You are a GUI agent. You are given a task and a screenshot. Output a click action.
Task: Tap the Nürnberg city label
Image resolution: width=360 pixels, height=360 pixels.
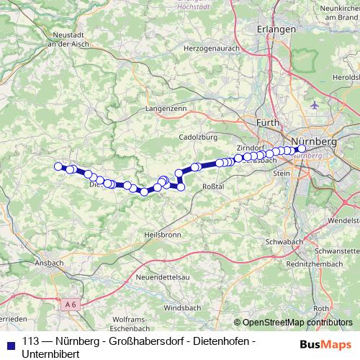(x=315, y=141)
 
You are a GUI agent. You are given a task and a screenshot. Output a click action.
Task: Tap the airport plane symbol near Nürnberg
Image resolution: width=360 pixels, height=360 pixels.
(x=314, y=106)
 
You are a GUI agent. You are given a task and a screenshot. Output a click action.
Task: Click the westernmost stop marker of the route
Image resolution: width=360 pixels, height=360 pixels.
(x=58, y=166)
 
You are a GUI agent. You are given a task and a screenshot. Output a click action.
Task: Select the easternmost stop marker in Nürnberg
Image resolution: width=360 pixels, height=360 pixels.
(x=302, y=149)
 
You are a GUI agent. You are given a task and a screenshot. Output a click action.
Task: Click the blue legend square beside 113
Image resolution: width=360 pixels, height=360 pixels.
(x=11, y=342)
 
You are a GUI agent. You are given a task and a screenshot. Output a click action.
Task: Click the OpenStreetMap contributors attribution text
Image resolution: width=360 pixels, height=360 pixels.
(x=297, y=322)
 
